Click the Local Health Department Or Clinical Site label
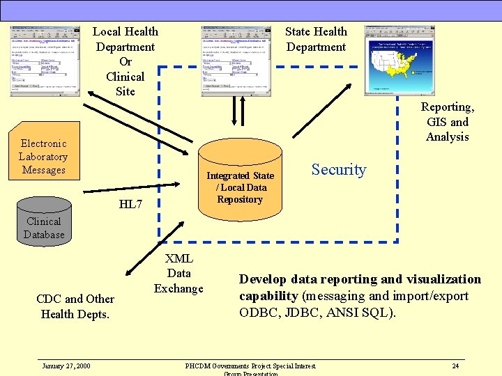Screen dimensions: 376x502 click(x=125, y=61)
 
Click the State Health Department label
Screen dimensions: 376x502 click(x=316, y=39)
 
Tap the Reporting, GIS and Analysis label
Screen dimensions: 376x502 click(x=447, y=122)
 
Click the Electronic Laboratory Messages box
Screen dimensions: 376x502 click(x=43, y=156)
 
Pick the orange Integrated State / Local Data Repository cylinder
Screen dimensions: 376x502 click(x=240, y=178)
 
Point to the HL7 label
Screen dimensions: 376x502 click(x=130, y=204)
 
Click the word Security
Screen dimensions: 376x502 click(x=338, y=169)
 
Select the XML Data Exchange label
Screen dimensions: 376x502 click(x=178, y=274)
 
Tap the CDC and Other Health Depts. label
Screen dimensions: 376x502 click(x=76, y=306)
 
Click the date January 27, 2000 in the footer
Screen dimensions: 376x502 click(x=66, y=366)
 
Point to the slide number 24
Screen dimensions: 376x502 click(x=455, y=366)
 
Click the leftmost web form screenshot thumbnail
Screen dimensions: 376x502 click(x=45, y=61)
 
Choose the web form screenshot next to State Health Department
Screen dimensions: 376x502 click(x=236, y=61)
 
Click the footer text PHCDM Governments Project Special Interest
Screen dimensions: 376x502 click(x=250, y=366)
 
